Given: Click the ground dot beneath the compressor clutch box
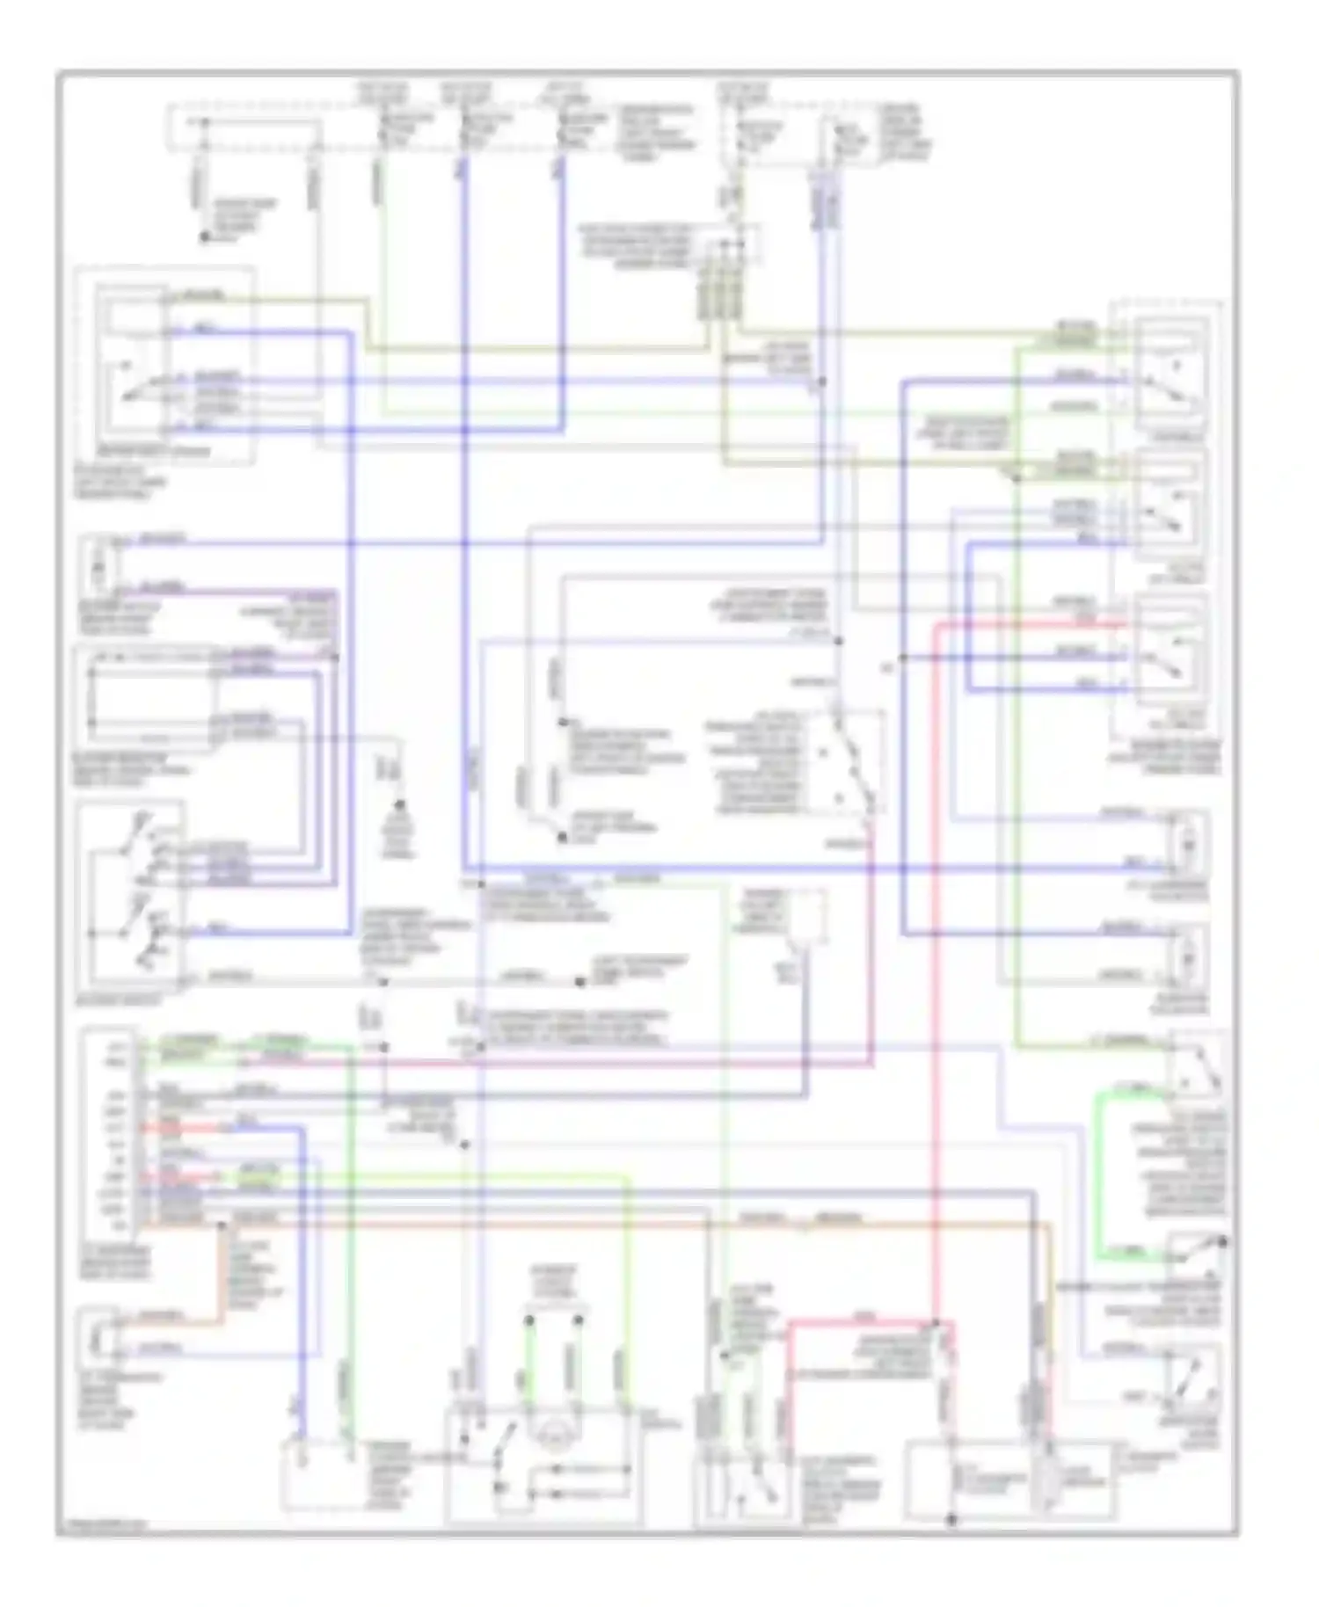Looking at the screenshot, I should tap(951, 1519).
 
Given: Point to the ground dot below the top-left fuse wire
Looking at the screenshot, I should tap(204, 237).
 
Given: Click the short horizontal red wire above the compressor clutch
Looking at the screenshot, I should tap(862, 1321).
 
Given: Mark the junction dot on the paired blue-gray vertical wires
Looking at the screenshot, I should tap(822, 382).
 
